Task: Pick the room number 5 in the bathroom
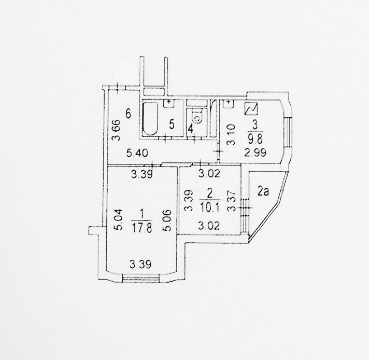point(171,124)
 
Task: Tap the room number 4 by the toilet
point(190,128)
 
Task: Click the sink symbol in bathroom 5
point(168,103)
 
